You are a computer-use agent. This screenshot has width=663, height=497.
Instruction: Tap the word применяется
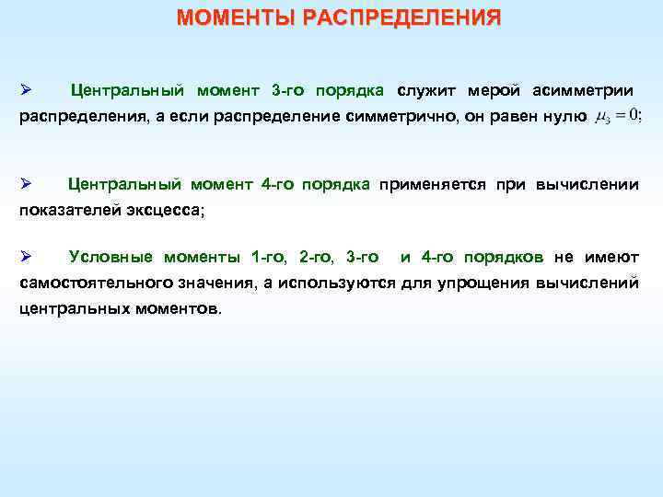click(x=434, y=184)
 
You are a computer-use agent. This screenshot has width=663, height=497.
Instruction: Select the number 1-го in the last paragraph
click(x=269, y=256)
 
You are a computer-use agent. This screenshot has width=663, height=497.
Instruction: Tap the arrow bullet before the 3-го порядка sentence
click(x=26, y=90)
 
